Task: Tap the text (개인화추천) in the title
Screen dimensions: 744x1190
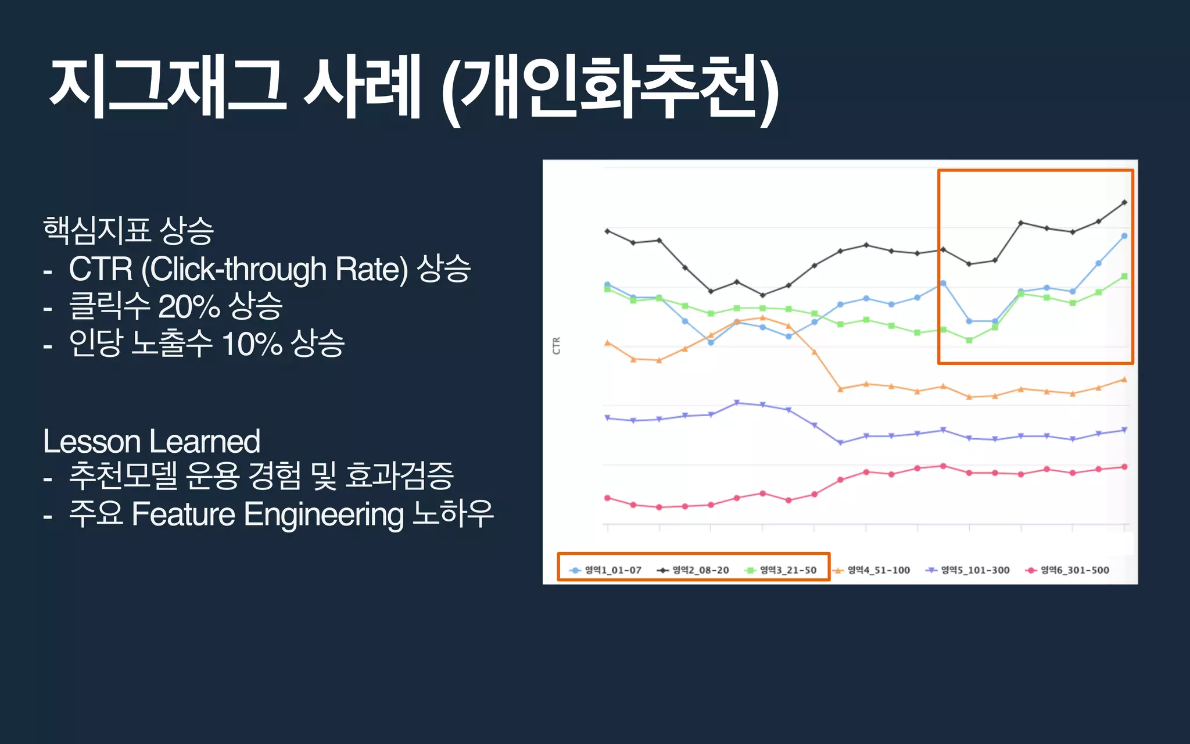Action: (x=610, y=87)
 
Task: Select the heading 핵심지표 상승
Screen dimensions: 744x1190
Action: (x=128, y=230)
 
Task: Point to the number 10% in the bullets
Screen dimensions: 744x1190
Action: (x=252, y=344)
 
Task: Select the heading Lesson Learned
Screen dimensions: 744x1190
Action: (x=152, y=441)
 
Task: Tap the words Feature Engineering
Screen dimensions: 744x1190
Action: (x=267, y=514)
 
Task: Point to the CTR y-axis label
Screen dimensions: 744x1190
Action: (x=556, y=346)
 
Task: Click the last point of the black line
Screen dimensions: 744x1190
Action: (x=1124, y=202)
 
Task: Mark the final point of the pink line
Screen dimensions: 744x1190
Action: (x=1124, y=467)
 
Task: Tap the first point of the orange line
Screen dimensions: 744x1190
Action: (x=608, y=343)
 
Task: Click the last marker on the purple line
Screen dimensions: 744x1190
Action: (x=1124, y=430)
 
